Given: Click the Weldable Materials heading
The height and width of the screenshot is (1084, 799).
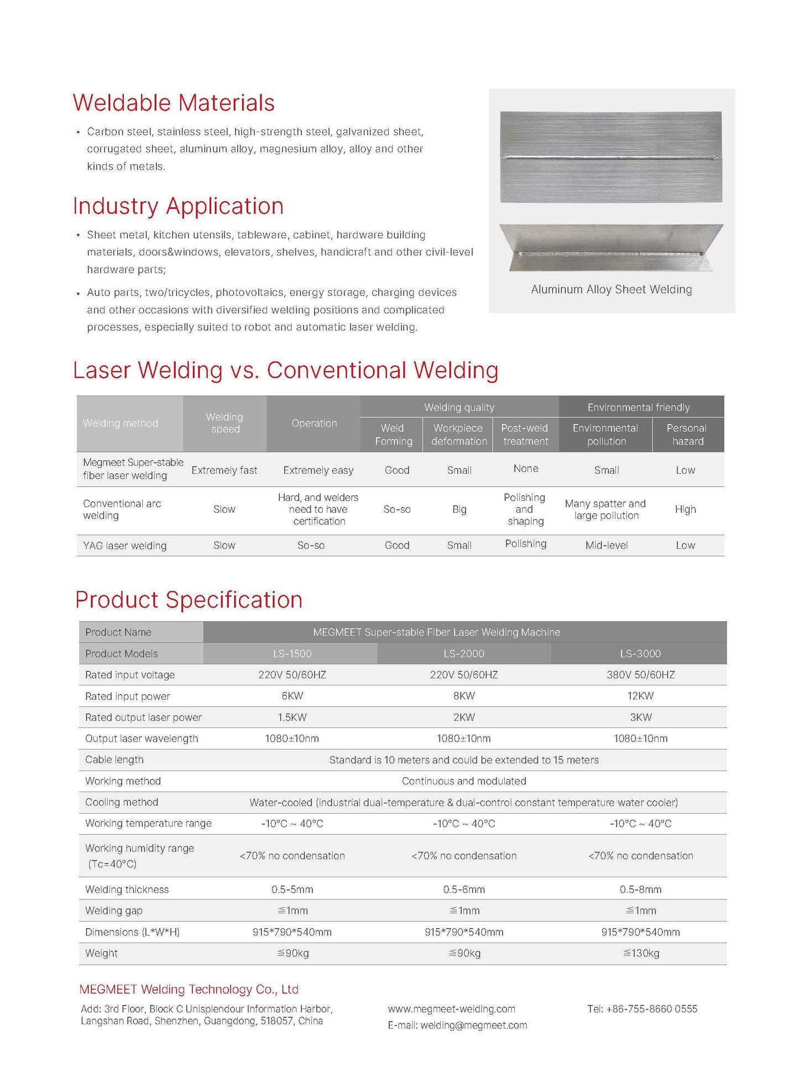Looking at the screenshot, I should point(174,103).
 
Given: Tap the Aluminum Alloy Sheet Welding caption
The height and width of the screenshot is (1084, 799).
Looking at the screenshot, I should point(611,290).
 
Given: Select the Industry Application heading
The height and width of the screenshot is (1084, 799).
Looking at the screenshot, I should point(178,207).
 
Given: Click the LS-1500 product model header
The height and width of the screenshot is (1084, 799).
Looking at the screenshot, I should point(292,653).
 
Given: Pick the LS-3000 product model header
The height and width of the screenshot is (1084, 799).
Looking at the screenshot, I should point(640,653).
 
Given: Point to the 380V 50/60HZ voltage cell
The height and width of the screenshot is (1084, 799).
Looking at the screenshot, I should point(640,675).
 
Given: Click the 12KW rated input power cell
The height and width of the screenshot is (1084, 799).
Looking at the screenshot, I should point(640,696).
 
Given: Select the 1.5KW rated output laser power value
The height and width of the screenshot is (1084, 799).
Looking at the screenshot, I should point(292,718).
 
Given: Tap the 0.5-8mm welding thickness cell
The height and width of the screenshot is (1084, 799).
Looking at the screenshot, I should point(640,889).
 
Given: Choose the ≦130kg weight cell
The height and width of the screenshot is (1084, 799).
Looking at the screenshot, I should point(641,953).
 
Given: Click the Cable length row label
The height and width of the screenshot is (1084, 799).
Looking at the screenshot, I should point(114,760).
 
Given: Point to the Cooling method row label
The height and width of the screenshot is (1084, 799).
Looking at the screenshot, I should point(122,802).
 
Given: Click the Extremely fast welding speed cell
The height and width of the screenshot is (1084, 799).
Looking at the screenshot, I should point(224,470).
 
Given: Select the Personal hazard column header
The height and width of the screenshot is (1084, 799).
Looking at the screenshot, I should point(687,434).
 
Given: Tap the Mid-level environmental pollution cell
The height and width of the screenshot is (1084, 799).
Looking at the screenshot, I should point(607,546).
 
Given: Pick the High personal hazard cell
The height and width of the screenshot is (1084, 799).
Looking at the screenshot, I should point(685,510).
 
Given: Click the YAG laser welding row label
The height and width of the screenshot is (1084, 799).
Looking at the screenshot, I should point(124,546).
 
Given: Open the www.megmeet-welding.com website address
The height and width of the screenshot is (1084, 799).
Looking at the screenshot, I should point(451,1009).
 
